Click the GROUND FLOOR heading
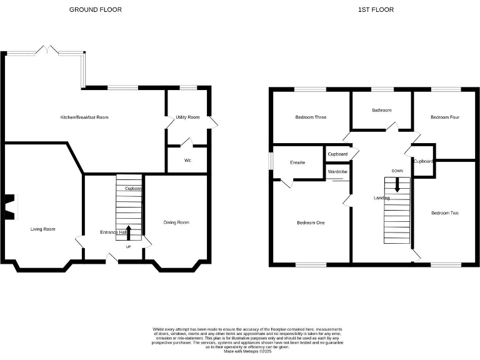tap(95, 9)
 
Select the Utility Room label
tap(187, 117)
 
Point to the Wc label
tap(187, 160)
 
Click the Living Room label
tap(43, 229)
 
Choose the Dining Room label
tap(176, 222)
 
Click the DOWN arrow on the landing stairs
tap(396, 185)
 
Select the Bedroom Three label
tap(311, 117)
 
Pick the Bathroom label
tap(381, 110)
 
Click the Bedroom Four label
tap(445, 117)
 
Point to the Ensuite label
tap(297, 162)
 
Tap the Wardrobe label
tap(337, 171)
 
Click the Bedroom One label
tap(311, 222)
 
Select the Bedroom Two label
tap(444, 213)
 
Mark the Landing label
tap(382, 198)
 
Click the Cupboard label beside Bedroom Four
tap(423, 161)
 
